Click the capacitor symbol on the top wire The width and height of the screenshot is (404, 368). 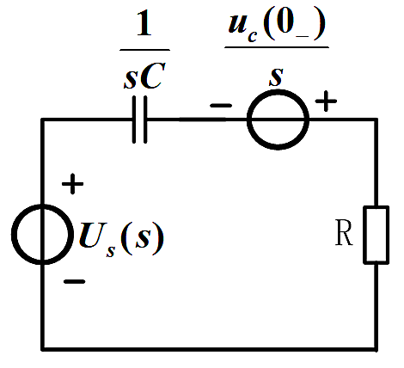[x=140, y=120]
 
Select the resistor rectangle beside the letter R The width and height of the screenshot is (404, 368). [x=376, y=235]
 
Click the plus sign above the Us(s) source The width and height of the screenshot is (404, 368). [x=72, y=183]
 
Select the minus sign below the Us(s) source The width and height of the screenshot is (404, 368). [x=74, y=281]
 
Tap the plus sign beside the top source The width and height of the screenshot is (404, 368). [x=326, y=101]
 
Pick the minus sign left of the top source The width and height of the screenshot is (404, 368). [x=221, y=106]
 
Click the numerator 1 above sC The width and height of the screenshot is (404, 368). [x=144, y=24]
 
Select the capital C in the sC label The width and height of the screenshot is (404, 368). [x=153, y=76]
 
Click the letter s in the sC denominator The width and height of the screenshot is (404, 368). [x=131, y=80]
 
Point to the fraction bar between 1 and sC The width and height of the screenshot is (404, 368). [x=144, y=50]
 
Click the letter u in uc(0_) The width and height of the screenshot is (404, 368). [x=238, y=23]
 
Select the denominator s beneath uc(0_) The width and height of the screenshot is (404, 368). [x=276, y=77]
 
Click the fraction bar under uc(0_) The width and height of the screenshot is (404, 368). [x=277, y=46]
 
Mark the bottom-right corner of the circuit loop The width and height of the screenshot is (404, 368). [x=376, y=349]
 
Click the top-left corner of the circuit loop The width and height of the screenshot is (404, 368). [x=42, y=120]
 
